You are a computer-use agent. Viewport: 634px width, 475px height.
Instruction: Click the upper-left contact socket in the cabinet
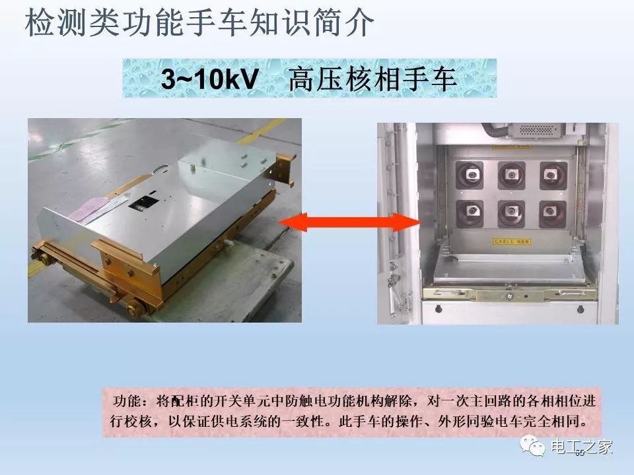[472, 174]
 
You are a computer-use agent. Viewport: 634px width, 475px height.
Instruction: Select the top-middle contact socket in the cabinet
[511, 174]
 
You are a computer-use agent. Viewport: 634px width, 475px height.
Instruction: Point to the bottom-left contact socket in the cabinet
[472, 212]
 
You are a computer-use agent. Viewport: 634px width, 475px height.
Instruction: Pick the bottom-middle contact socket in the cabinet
[511, 212]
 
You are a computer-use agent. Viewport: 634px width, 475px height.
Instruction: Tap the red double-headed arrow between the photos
[349, 223]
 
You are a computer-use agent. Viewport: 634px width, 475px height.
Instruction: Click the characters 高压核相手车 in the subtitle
[372, 80]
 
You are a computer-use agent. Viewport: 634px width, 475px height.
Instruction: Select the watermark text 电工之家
[581, 447]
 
